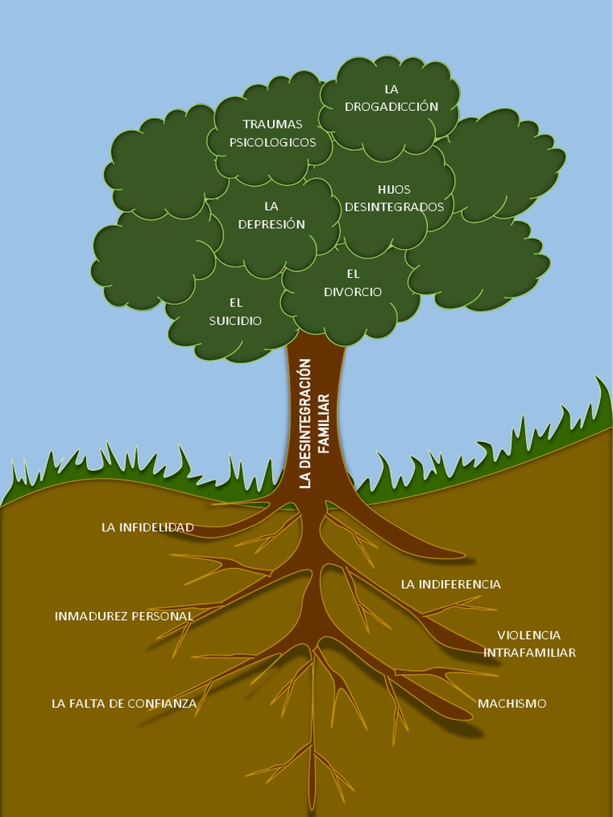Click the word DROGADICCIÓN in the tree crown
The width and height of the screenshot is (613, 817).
(x=391, y=106)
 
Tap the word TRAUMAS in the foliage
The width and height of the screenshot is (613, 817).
(x=272, y=124)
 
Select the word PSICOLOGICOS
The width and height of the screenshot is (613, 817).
(x=272, y=142)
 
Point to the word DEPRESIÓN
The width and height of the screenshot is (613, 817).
(x=271, y=224)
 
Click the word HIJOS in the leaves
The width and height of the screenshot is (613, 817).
(x=394, y=189)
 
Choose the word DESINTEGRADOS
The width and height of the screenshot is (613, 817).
(x=394, y=207)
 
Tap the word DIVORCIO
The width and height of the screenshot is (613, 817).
(x=353, y=291)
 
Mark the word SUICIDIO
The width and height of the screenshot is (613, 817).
(x=235, y=321)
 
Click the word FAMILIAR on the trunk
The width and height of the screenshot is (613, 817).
(x=323, y=423)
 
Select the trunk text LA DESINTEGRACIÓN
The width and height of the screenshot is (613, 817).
(x=304, y=423)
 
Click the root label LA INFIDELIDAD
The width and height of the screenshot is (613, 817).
(x=148, y=527)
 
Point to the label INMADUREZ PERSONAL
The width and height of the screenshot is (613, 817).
(x=124, y=616)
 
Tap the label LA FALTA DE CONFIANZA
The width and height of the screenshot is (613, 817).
(x=124, y=703)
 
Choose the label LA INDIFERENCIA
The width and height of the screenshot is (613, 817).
(x=450, y=584)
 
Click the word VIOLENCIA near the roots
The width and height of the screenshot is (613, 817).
(x=528, y=635)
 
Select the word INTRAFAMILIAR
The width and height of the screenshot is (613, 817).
(x=529, y=653)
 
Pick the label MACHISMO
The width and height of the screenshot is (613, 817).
(x=512, y=703)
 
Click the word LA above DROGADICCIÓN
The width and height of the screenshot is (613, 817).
(x=391, y=89)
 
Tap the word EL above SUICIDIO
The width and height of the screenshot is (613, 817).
(x=235, y=302)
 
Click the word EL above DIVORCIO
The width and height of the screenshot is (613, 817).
(x=353, y=274)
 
